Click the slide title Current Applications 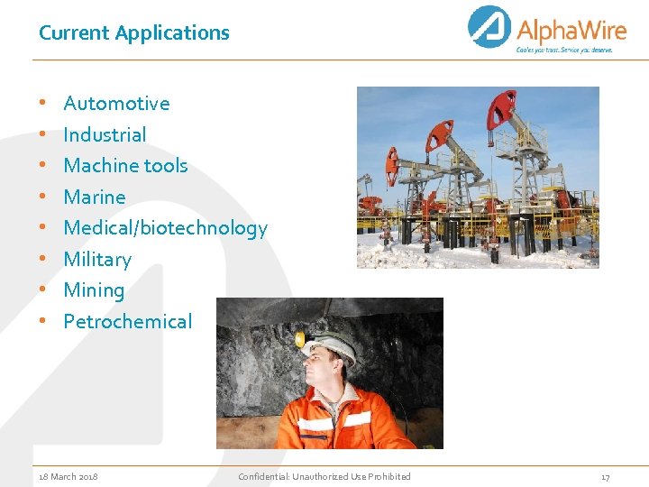click(x=133, y=33)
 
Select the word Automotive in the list click(x=116, y=104)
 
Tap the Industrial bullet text click(x=105, y=135)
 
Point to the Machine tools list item click(x=125, y=166)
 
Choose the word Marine click(x=95, y=198)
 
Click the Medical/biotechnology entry click(x=165, y=228)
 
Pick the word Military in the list click(x=97, y=260)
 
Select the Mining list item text click(x=94, y=290)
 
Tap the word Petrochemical click(x=127, y=322)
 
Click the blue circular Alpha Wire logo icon click(x=489, y=27)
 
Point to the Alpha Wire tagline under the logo click(x=564, y=51)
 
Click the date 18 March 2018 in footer click(x=69, y=476)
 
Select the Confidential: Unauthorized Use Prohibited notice click(x=324, y=476)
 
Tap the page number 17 click(x=605, y=476)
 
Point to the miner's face click(x=322, y=368)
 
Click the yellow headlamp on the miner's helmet click(x=300, y=339)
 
